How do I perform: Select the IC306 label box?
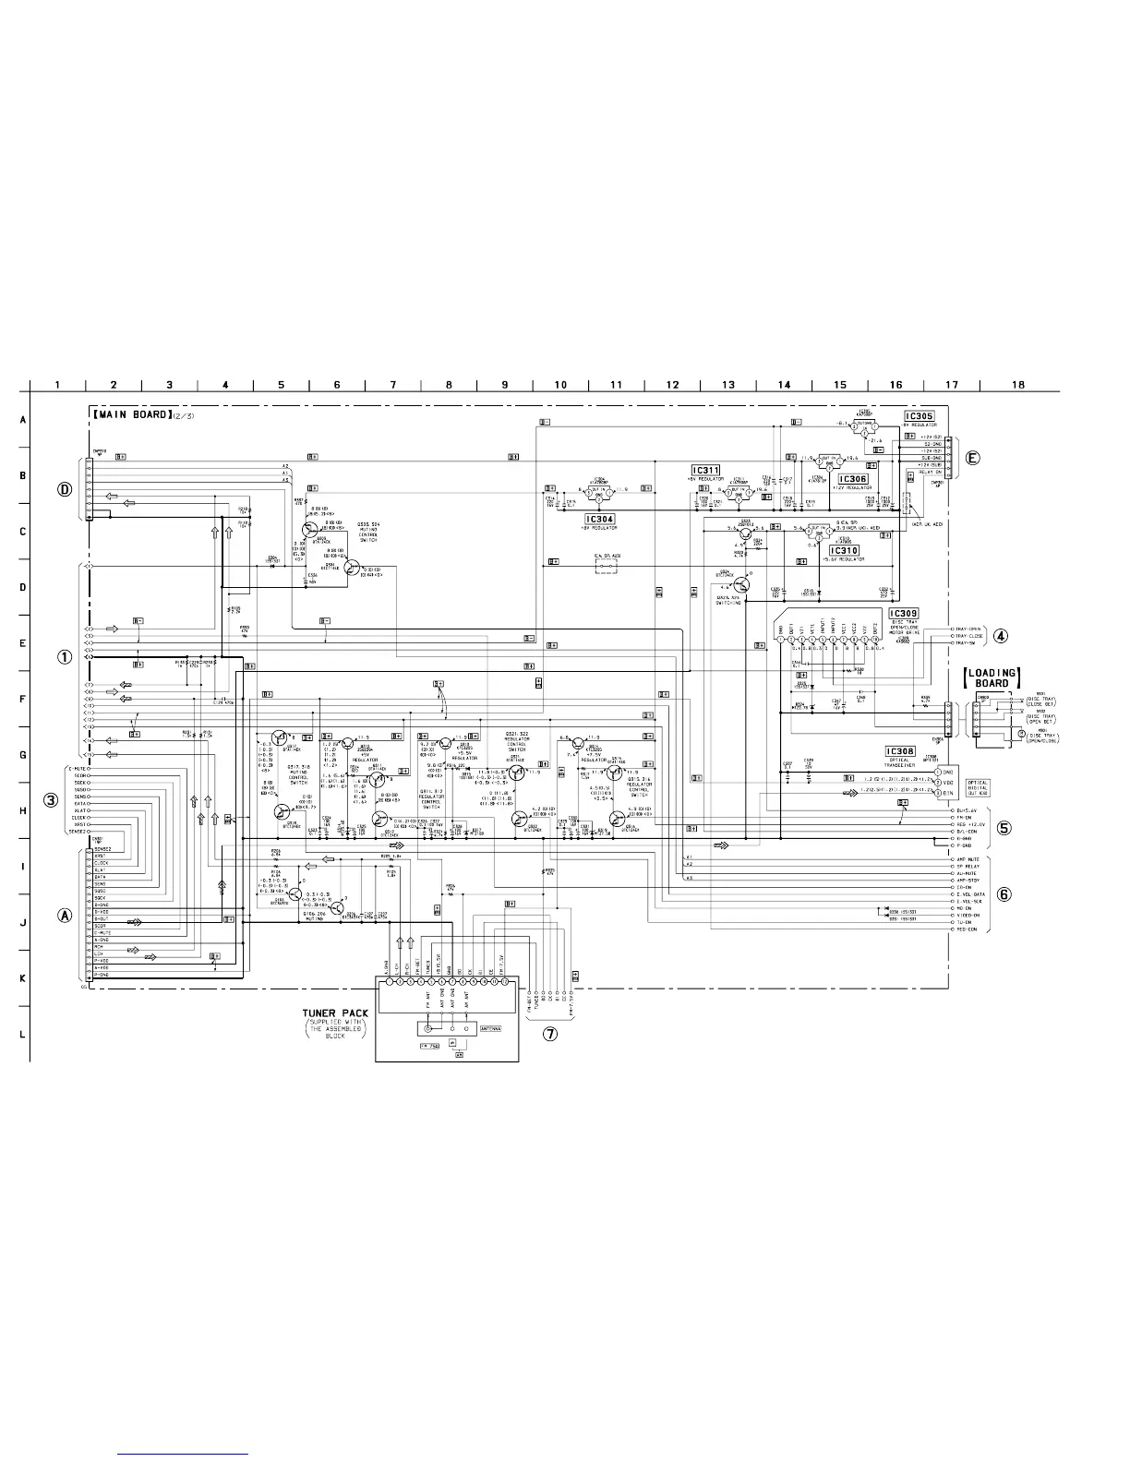click(x=853, y=480)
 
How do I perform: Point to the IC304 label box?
click(x=599, y=520)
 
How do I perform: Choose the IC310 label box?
click(x=844, y=550)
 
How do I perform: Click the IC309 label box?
click(x=903, y=614)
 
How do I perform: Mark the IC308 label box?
click(x=899, y=751)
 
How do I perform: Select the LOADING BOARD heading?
click(x=992, y=678)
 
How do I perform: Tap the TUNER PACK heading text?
click(x=335, y=1013)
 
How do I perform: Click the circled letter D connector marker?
click(x=65, y=490)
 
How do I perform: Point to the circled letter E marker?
click(x=973, y=457)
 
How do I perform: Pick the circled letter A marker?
click(x=65, y=917)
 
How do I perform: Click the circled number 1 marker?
click(x=65, y=657)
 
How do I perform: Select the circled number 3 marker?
click(x=52, y=799)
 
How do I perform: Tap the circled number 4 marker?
click(x=1000, y=636)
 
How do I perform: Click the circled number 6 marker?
click(x=1004, y=894)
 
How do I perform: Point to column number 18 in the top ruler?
click(x=1018, y=385)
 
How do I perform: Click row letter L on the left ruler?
click(x=22, y=1034)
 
